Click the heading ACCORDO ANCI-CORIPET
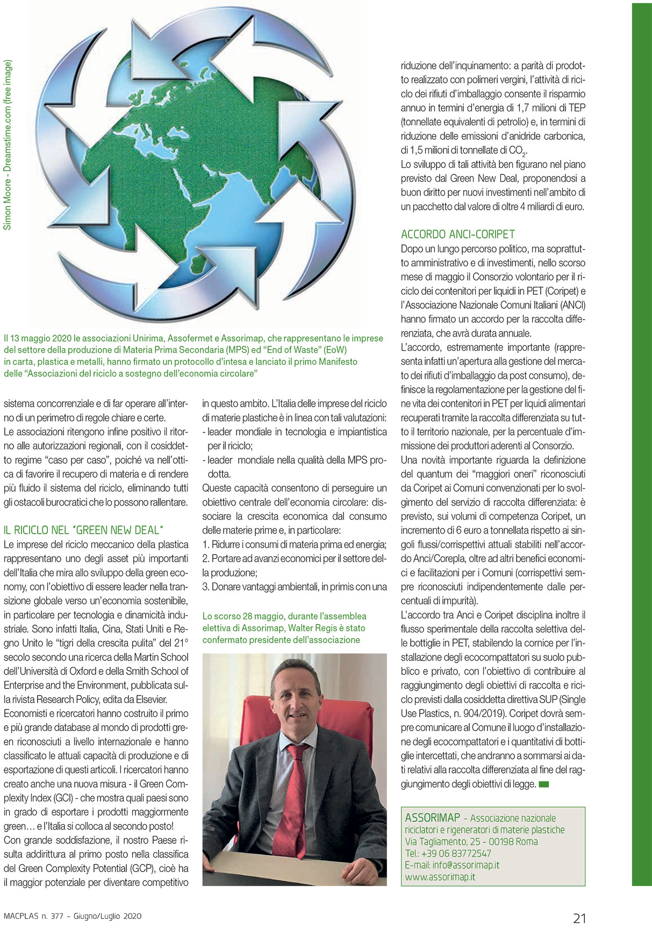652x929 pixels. coord(457,234)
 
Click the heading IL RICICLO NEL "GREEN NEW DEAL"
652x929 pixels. coord(83,530)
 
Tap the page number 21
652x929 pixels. coord(579,918)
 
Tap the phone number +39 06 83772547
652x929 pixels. coord(456,853)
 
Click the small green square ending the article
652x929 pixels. coord(543,784)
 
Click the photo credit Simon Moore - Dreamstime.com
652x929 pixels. coord(8,145)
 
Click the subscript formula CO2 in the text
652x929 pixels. coord(517,151)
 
